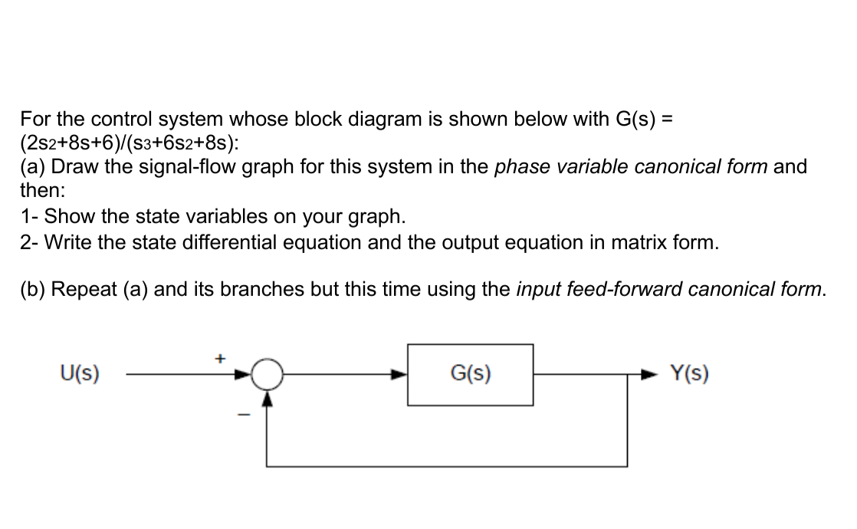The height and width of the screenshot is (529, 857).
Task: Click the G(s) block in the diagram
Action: point(470,375)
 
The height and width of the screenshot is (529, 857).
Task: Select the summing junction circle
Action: point(267,376)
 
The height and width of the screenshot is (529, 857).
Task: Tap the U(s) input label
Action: point(80,375)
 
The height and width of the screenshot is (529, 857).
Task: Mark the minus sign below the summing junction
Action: point(246,414)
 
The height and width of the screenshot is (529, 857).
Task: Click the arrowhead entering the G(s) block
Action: point(399,376)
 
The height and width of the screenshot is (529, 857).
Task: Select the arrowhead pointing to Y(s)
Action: point(652,376)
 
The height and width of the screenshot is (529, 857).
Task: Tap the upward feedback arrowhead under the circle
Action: point(267,398)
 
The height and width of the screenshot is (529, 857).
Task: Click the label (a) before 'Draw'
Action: point(33,167)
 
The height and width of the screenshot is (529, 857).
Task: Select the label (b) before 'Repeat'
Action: point(33,290)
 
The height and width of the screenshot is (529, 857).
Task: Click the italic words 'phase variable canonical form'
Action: point(632,167)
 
